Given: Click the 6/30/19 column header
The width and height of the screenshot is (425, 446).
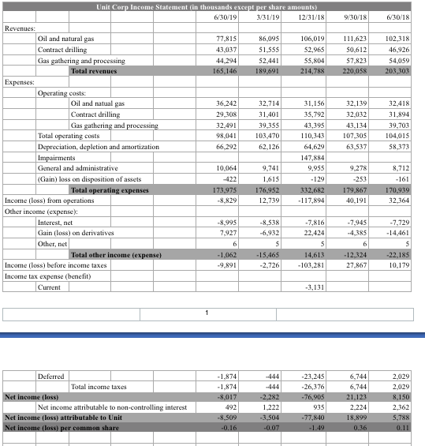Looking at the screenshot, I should pos(226,17).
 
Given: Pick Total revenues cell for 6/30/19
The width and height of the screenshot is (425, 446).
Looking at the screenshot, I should pos(226,70).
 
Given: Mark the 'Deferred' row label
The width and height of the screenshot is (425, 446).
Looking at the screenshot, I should pos(51,376).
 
